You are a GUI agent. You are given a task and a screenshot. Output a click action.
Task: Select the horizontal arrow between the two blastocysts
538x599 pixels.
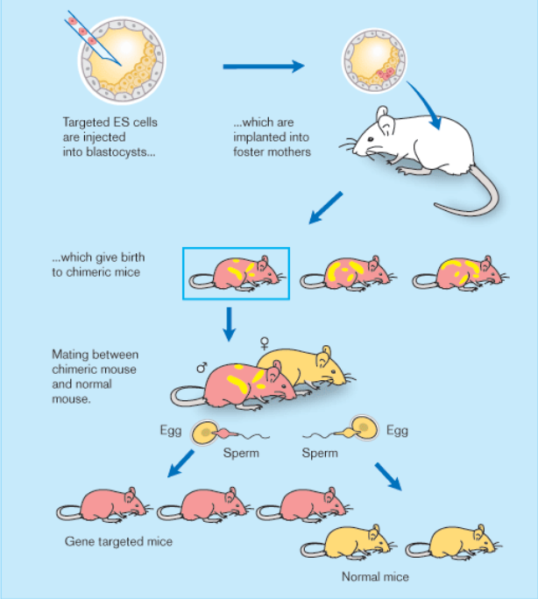pos(263,66)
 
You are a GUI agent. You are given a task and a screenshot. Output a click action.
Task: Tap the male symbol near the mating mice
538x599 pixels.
pos(201,369)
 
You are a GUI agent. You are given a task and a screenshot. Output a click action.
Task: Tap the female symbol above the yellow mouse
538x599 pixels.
pos(265,341)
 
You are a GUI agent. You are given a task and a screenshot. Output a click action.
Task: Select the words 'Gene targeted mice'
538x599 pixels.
pos(118,541)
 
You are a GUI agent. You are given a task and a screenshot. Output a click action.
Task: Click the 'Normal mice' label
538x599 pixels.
pos(375,577)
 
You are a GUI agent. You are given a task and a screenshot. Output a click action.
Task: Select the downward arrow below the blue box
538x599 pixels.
pos(230,323)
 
